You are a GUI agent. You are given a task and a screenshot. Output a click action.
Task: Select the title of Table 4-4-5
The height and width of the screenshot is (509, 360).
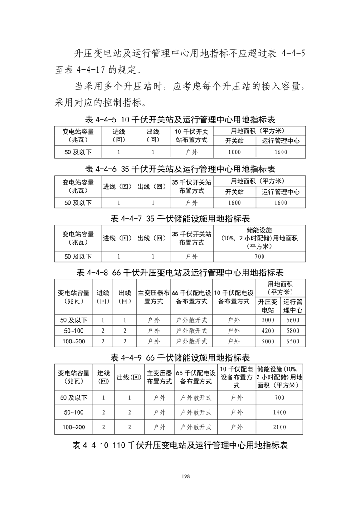pos(180,120)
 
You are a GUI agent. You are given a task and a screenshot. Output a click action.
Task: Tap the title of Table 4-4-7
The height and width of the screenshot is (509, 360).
pos(180,219)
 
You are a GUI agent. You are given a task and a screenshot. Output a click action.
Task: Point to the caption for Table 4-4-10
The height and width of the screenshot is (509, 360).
pos(180,445)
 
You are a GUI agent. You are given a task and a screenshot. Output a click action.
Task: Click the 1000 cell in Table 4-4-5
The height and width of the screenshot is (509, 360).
pos(235,152)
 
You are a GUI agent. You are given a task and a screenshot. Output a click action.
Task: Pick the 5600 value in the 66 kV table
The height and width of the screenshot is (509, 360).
pos(293,320)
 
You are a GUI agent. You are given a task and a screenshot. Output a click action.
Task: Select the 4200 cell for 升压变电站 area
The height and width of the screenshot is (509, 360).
pos(268,331)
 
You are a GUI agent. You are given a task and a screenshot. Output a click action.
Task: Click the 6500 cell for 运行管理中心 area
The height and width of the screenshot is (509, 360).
pos(293,341)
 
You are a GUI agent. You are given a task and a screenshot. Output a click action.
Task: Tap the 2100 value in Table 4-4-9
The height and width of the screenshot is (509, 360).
pos(280,427)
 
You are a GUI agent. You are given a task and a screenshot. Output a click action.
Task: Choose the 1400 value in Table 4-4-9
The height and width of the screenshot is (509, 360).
pos(280,412)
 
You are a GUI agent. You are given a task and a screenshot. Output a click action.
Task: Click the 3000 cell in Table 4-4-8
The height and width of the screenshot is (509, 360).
pos(268,320)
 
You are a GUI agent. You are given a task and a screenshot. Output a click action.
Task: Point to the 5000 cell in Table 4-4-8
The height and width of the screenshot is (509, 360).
pos(268,341)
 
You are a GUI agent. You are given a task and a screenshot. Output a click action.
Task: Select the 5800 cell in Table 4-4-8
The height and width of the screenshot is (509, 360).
pos(293,331)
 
